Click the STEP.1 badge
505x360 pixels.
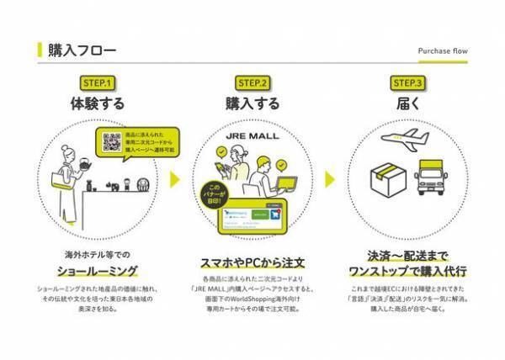(98, 82)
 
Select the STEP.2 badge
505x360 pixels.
(252, 82)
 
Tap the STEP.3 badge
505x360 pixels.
(408, 82)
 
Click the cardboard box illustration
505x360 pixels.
(388, 177)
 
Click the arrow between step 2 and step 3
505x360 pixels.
(331, 180)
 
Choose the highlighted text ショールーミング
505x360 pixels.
(98, 269)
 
